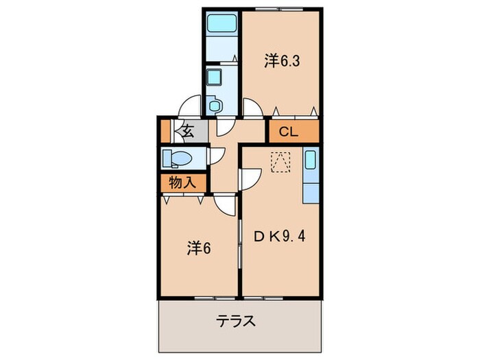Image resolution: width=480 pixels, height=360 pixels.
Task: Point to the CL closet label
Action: click(289, 132)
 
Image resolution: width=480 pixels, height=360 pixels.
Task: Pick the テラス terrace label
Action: click(237, 320)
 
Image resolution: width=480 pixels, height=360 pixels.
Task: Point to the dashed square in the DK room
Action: click(281, 162)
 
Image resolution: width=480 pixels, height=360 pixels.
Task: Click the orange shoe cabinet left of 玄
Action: click(165, 130)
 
